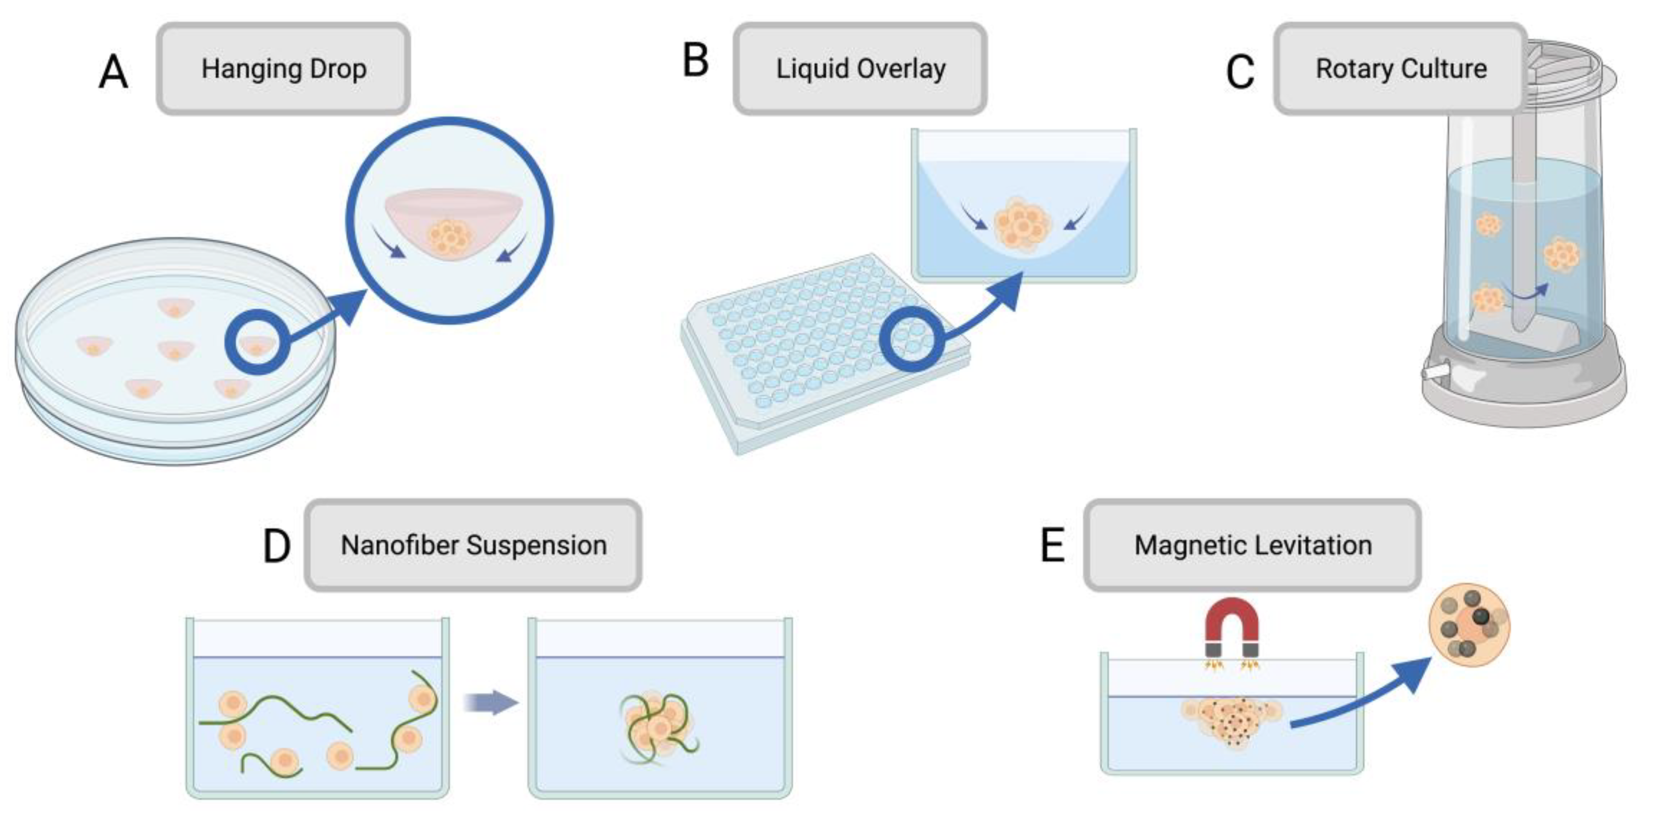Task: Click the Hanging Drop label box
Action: pos(283,69)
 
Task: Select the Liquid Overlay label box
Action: pos(860,69)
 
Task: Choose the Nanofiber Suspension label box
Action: pos(473,545)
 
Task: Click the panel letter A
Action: pos(113,72)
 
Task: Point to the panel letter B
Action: pos(695,61)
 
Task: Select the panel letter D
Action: pos(276,547)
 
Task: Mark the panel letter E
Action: pos(1052,547)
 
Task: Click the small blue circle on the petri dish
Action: pos(255,341)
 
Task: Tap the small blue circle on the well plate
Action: pos(911,338)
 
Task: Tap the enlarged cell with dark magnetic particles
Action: pos(1468,625)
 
